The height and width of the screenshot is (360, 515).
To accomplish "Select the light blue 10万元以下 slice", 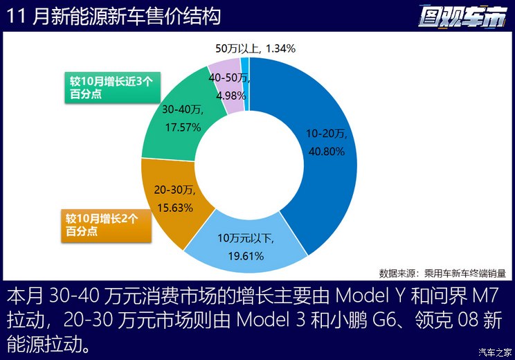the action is [x=246, y=250].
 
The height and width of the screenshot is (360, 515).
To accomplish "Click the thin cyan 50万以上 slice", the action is [x=245, y=84].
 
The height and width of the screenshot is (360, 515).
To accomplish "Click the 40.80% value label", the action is [x=327, y=152].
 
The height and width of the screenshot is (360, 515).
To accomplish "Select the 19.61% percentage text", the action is [x=246, y=256].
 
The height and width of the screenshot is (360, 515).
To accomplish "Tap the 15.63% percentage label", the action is [x=175, y=208].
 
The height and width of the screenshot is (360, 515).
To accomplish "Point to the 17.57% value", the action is [x=183, y=127].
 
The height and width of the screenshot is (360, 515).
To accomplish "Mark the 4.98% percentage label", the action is [x=231, y=96].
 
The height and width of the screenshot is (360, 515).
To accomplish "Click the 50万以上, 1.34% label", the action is [x=255, y=48].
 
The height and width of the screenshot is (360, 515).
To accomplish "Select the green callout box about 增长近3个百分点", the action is [x=112, y=87].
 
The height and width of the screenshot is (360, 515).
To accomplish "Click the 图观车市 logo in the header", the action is [x=462, y=17].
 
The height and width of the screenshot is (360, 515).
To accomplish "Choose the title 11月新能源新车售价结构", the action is [x=114, y=17].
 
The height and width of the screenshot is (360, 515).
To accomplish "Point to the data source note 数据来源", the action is [x=442, y=273].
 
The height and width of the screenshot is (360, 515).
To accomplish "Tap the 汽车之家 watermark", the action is [x=495, y=352].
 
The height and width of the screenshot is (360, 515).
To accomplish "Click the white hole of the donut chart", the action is [x=249, y=165].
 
